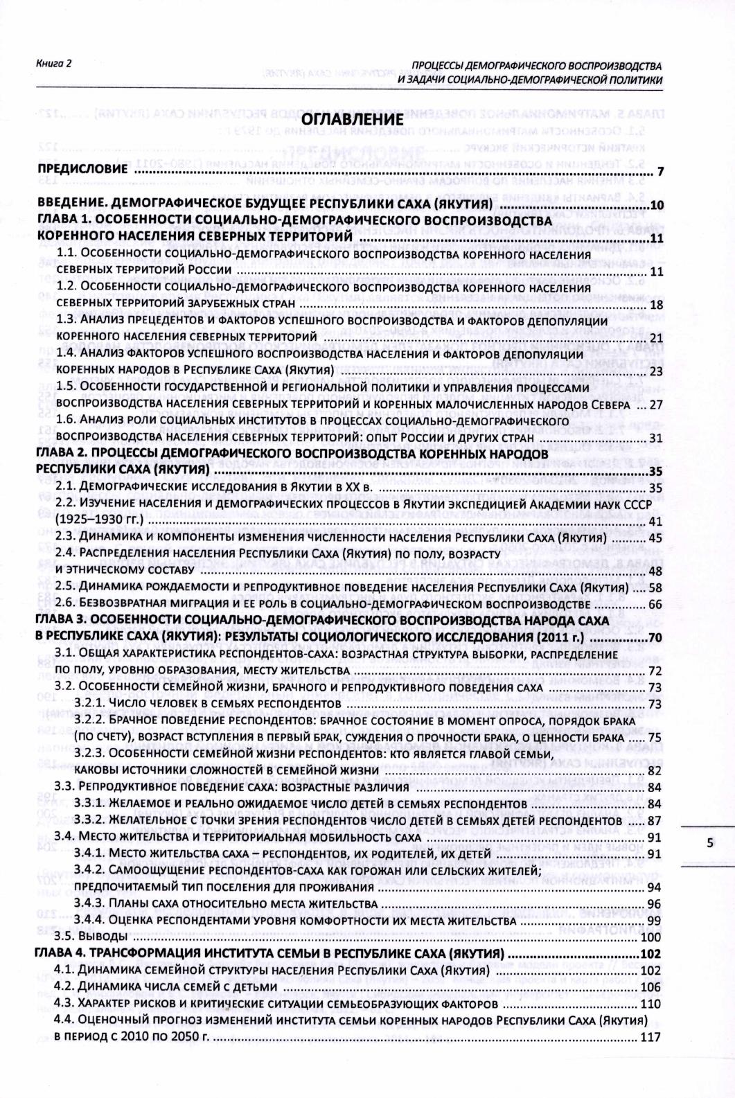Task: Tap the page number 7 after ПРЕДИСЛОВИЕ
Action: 661,172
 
